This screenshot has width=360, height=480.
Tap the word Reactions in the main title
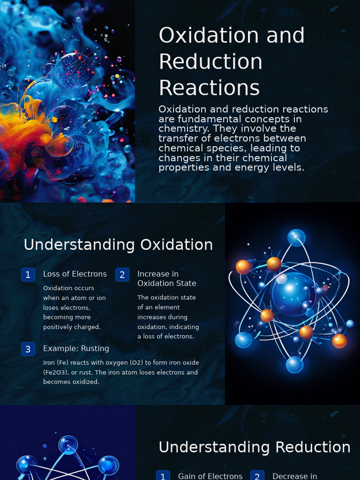209,88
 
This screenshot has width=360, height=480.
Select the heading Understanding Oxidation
118,245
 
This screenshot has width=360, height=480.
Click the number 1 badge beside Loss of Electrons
28,275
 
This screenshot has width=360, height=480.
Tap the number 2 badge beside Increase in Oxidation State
122,275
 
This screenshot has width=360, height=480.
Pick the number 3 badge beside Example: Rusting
28,349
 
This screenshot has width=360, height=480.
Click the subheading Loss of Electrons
75,274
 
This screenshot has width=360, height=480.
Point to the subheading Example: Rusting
76,348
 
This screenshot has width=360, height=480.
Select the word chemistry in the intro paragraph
184,128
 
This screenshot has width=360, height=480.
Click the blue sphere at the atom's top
296,238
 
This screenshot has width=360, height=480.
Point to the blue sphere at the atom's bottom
294,364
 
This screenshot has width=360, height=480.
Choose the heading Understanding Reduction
255,447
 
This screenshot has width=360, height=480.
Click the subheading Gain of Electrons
210,476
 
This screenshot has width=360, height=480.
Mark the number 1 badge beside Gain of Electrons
163,476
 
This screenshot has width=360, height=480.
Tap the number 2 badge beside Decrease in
257,476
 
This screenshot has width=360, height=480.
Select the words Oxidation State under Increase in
167,283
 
